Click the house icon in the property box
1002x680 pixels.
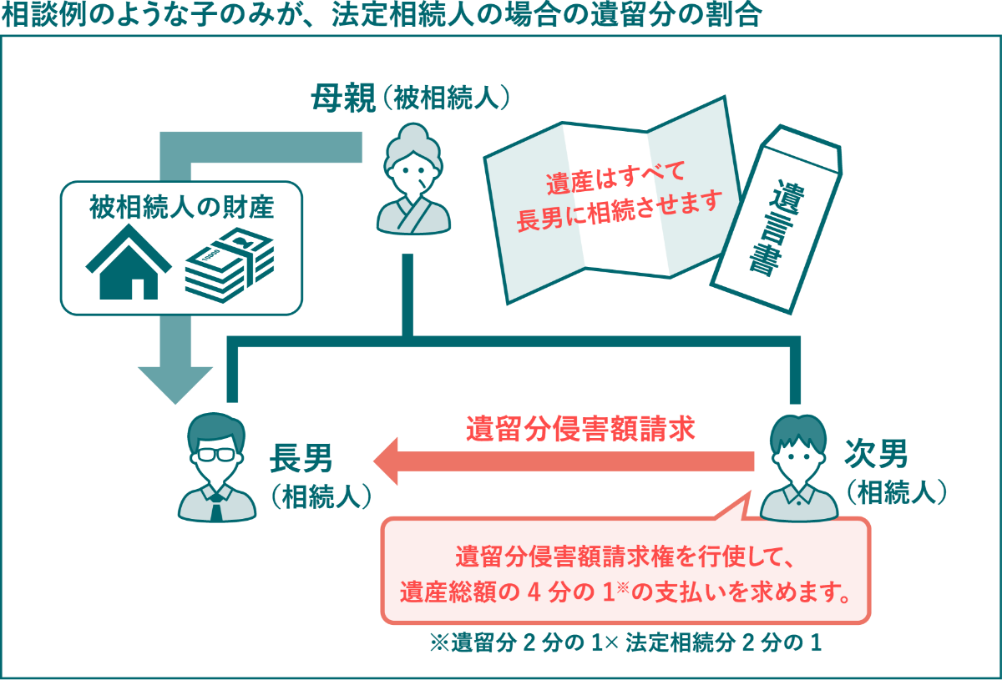point(129,263)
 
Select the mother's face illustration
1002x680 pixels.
point(412,173)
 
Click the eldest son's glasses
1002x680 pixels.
point(216,455)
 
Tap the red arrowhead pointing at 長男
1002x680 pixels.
point(386,461)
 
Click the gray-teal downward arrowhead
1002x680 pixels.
point(175,385)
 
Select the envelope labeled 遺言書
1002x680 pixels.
point(777,219)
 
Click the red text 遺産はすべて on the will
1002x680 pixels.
point(615,178)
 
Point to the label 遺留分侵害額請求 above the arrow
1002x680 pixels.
point(580,428)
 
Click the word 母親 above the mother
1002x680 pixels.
point(343,98)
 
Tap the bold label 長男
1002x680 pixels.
point(301,458)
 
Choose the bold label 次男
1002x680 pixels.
point(876,453)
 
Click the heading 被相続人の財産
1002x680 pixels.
point(182,207)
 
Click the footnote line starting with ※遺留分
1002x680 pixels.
point(625,642)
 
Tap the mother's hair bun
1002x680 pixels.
point(412,133)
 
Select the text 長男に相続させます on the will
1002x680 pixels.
point(620,211)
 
